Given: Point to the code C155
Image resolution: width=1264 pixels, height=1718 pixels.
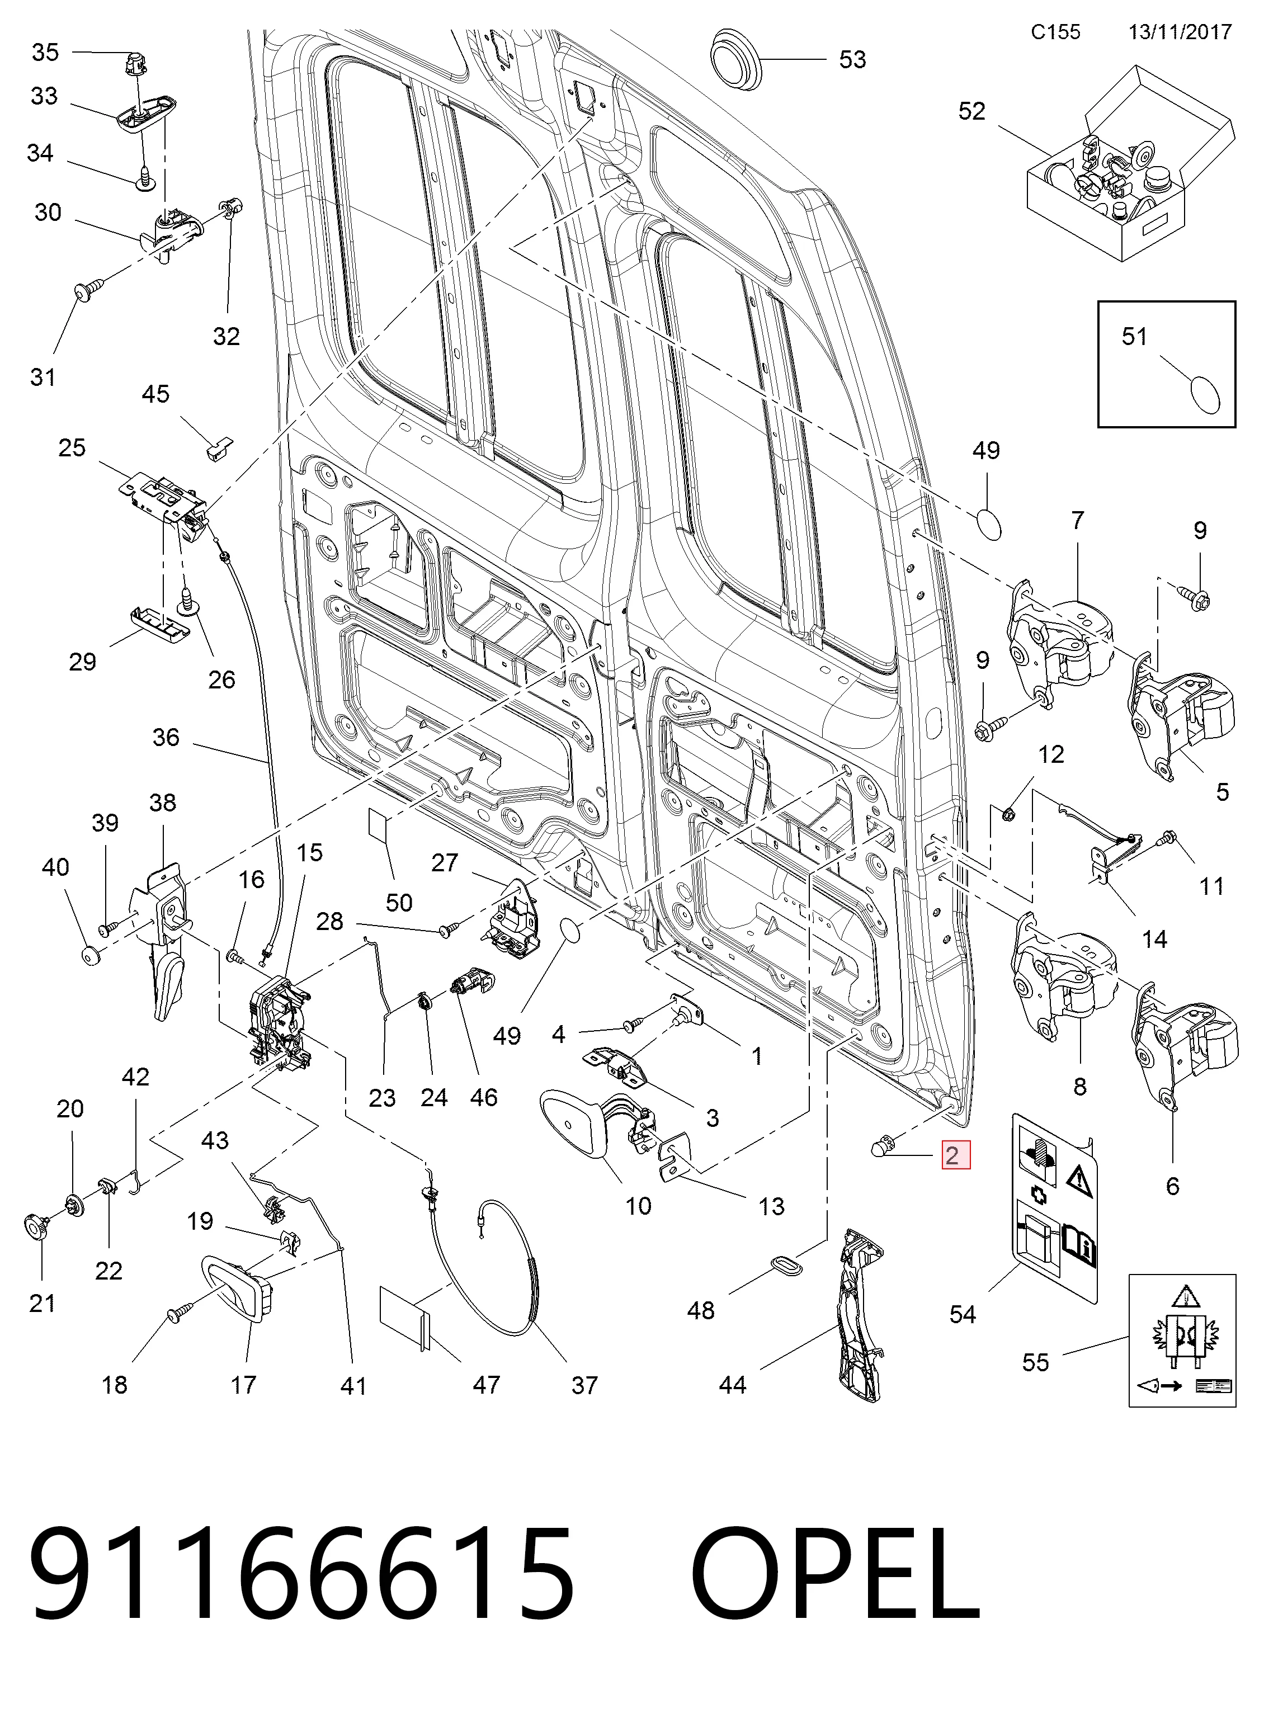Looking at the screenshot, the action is (1055, 31).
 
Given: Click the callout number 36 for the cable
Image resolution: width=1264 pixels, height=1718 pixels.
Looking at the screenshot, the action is (166, 738).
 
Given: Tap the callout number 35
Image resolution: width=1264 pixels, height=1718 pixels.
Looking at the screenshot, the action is (45, 52).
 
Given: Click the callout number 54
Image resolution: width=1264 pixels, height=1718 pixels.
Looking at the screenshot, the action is (963, 1314).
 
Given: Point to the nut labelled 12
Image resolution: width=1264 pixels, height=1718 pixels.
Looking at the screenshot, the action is (1008, 813).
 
